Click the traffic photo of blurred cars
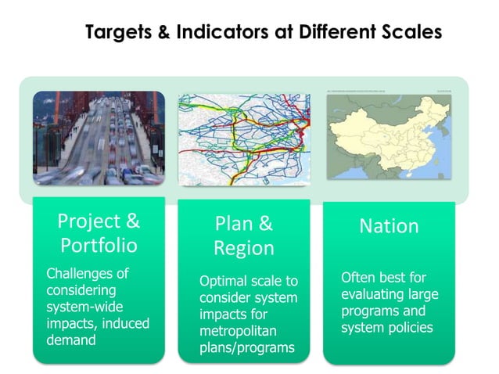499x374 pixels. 99,138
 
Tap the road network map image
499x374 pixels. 244,139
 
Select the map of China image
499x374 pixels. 389,138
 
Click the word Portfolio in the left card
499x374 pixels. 99,246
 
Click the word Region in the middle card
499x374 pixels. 244,249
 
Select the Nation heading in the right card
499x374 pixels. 389,226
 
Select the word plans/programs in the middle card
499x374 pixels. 247,347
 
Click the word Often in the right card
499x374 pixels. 359,278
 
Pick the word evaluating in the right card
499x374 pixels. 372,294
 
